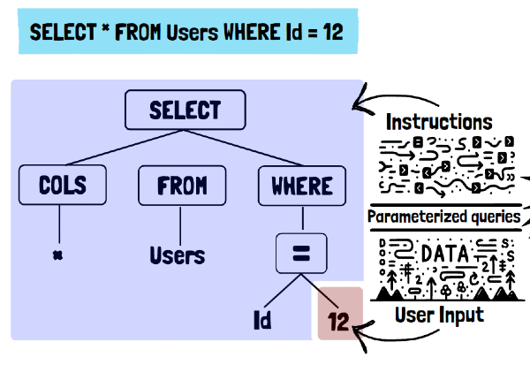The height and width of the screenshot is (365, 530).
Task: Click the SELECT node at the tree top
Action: tap(185, 110)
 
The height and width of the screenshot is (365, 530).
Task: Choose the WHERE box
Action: tap(301, 186)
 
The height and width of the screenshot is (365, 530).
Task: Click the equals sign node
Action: tap(301, 255)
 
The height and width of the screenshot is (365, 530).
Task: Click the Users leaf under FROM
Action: tap(177, 256)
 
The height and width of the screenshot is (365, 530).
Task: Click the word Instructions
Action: tap(439, 120)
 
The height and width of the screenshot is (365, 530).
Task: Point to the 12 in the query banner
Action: tap(332, 34)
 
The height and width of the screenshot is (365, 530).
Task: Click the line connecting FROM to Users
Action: tap(180, 221)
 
